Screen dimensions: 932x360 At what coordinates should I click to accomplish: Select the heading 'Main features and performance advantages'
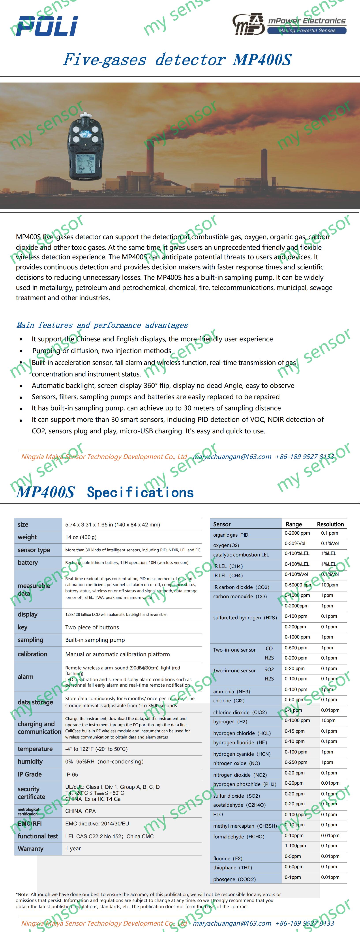point(102,325)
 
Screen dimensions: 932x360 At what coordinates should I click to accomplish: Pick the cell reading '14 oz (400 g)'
point(81,537)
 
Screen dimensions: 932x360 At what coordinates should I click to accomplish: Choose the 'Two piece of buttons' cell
point(92,627)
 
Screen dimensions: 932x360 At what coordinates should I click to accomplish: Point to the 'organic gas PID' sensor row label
point(231,535)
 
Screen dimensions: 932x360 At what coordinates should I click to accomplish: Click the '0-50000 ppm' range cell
point(298,585)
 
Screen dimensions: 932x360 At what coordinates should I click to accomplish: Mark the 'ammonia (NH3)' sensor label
point(232,691)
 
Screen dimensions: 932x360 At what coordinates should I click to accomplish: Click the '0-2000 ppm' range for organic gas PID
point(297,533)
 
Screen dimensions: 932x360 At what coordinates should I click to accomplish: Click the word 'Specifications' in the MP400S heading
point(140,492)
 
